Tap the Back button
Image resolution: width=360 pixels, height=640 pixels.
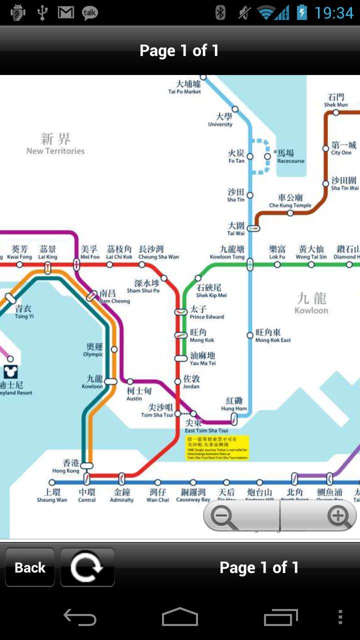tap(30, 567)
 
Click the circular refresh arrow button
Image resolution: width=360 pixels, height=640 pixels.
tap(87, 567)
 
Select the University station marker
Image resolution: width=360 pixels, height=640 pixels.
tap(235, 109)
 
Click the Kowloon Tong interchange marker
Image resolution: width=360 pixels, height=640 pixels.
tap(250, 264)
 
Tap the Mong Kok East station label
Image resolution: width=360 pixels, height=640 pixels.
tap(273, 335)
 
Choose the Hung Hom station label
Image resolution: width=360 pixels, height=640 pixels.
tap(234, 404)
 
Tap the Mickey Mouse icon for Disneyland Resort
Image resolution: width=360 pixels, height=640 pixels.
tap(10, 371)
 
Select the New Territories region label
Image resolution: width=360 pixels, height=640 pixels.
tap(55, 143)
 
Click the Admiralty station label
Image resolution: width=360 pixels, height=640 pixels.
tap(121, 495)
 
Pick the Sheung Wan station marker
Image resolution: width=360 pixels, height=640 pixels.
tap(52, 482)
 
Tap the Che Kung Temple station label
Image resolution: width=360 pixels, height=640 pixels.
tap(290, 201)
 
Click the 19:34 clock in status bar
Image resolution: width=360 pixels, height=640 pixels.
tap(334, 13)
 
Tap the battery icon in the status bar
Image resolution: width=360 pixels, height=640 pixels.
tap(301, 12)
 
